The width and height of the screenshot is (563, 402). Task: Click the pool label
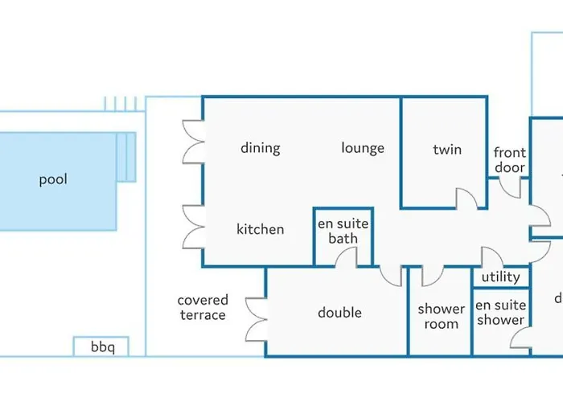point(53,179)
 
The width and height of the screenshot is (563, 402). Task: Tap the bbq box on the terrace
point(102,347)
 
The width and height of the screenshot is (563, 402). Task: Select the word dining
point(261,148)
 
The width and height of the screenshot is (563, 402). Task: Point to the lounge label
point(363,148)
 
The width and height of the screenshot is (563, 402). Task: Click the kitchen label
point(260,229)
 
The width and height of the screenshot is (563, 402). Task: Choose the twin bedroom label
point(447,149)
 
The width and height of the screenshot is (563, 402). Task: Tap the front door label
point(510,160)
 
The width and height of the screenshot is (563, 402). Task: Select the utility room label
point(500,277)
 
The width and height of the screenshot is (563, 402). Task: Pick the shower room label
point(441,317)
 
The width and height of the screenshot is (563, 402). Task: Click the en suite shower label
point(500,313)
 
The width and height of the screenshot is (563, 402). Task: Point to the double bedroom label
point(339,313)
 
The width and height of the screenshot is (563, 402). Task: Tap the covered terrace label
point(203,308)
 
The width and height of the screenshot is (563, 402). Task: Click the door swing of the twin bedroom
point(466,198)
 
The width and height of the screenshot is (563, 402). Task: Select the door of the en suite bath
point(347,257)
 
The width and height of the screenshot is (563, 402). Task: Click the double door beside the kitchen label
point(193,226)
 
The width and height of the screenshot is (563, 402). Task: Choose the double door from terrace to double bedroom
point(257,318)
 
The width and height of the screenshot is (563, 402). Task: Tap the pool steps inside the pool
point(126,158)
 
